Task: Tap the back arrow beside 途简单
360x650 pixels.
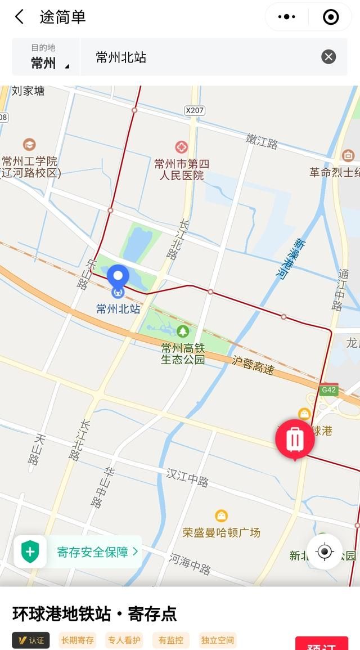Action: point(20,17)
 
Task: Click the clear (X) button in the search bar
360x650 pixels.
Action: point(328,56)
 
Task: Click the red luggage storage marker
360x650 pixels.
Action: point(295,439)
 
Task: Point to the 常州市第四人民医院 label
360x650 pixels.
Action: point(182,169)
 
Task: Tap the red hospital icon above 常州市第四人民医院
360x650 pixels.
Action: point(181,147)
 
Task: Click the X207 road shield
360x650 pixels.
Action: point(194,110)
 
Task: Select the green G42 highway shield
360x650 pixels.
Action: point(328,390)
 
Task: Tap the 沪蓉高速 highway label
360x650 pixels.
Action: point(253,365)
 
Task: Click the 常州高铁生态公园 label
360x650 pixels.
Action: point(183,353)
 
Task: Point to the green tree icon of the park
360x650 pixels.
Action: point(182,331)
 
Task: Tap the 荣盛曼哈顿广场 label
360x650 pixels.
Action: point(221,532)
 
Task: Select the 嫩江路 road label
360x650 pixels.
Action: point(262,141)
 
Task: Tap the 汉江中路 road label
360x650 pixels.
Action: point(187,477)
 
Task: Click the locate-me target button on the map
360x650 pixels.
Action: point(325,552)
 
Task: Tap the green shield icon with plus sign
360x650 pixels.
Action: point(30,552)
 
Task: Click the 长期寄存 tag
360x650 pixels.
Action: point(78,640)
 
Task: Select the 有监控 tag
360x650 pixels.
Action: point(170,640)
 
